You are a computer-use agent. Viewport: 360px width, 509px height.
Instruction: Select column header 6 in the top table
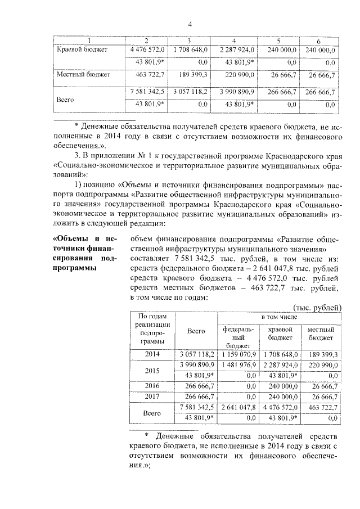click(318, 42)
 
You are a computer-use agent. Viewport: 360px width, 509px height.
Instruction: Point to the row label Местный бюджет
click(83, 74)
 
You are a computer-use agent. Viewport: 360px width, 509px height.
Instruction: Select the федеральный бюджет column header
click(238, 336)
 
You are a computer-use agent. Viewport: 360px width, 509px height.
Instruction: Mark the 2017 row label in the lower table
click(152, 397)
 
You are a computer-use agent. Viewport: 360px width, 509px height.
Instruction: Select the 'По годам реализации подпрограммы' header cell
click(151, 332)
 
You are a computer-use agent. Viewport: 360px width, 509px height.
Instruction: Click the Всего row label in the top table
click(67, 97)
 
